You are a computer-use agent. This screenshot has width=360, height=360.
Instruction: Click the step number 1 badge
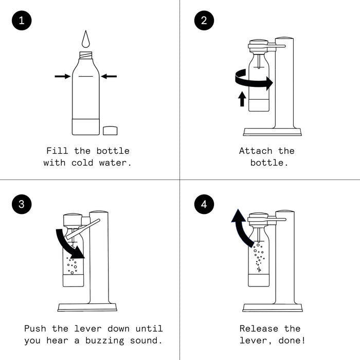coord(21,21)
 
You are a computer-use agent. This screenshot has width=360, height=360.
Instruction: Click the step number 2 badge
coord(204,21)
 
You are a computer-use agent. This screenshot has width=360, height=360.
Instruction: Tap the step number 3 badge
coord(21,204)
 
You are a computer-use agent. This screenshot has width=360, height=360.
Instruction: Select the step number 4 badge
coord(204,204)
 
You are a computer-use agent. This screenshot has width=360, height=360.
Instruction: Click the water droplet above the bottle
coord(85,39)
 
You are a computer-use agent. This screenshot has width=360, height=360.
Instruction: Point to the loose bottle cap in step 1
coord(110,131)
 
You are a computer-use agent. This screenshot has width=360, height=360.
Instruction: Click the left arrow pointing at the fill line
coord(62,77)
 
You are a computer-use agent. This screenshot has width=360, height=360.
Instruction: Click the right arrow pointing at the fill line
coord(109,77)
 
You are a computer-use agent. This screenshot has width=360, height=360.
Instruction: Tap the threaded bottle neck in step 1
coord(85,55)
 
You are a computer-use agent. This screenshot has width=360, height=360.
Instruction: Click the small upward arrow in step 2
coord(242,99)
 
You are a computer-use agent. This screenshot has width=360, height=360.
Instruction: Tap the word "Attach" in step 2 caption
coord(256,151)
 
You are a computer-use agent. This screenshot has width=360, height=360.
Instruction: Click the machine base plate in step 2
coord(272,132)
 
